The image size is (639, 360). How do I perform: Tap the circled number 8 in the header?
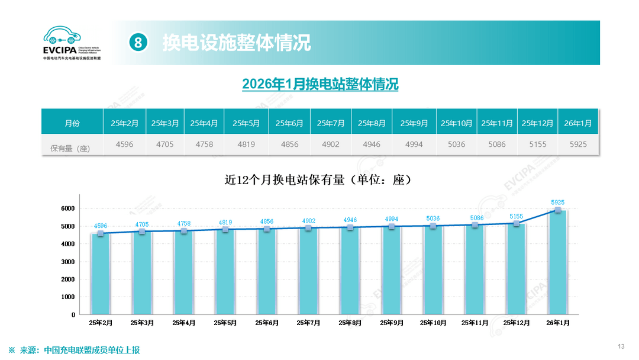coord(138,43)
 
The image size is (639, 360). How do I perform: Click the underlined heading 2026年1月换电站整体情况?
coord(320,85)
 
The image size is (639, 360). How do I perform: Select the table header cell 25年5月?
coord(246,123)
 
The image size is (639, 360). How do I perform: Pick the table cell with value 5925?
coord(578,144)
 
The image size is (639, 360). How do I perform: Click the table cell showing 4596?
coord(124,144)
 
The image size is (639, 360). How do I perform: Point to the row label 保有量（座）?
coord(66,148)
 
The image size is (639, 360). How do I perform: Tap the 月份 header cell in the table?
coord(72,123)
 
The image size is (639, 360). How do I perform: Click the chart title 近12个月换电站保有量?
coord(318,179)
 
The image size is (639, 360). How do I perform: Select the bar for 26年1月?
coord(558,263)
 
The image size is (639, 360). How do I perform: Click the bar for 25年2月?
coord(100,274)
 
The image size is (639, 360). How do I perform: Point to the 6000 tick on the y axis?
coord(67,208)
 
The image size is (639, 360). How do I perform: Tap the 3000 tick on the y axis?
coord(67,262)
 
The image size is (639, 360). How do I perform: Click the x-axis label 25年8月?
coord(350,323)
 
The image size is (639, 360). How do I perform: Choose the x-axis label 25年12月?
coord(515,323)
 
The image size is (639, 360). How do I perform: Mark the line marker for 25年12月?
coord(516,223)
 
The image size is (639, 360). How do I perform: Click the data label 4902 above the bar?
coord(309,221)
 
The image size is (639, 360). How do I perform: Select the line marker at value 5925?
coord(558,210)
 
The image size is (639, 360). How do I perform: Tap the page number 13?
coord(621,346)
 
